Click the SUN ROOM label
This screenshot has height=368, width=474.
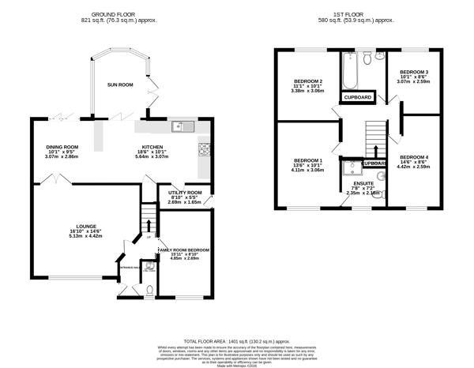click(121, 84)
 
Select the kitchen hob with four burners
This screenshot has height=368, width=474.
click(204, 148)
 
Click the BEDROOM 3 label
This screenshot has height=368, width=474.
click(415, 73)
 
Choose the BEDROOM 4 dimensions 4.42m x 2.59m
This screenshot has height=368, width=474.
click(416, 167)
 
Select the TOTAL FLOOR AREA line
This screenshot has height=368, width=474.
click(237, 342)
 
